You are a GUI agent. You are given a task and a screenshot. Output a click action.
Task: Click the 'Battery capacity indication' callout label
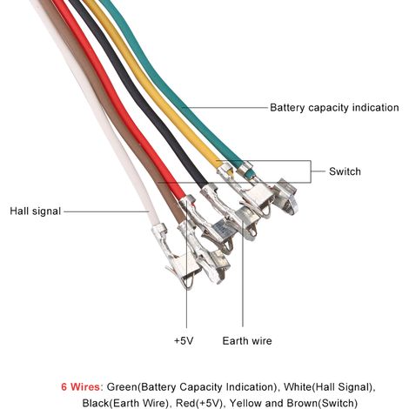(334, 108)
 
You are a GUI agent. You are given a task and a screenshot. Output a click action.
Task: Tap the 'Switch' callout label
(345, 171)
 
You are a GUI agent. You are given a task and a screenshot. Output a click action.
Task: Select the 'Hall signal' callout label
(36, 211)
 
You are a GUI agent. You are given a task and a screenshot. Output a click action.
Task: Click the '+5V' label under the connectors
(184, 340)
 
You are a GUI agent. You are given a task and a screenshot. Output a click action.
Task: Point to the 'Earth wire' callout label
(247, 340)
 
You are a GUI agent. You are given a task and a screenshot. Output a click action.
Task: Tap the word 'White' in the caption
(297, 387)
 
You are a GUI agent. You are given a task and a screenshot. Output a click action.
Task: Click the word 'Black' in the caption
(95, 403)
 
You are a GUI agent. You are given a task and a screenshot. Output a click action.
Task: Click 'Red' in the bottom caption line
(184, 403)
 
